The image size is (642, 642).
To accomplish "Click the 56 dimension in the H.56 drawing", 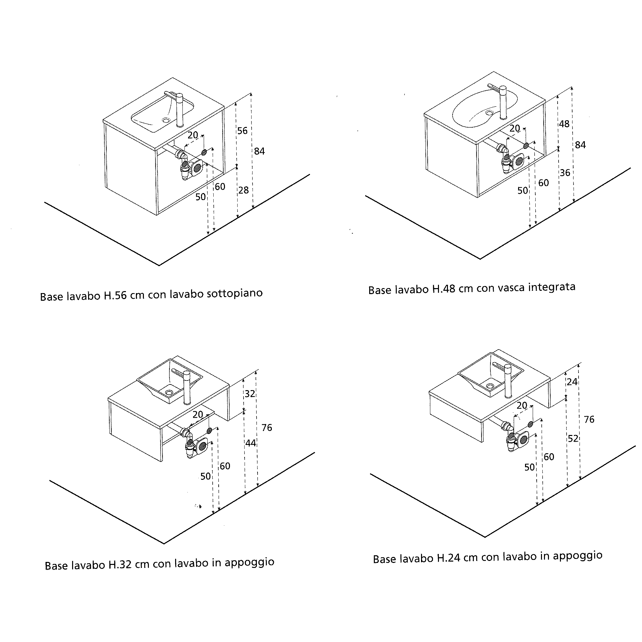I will (x=242, y=131).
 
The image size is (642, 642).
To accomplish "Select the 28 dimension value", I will (x=243, y=190).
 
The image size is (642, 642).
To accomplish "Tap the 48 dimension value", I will (x=564, y=124).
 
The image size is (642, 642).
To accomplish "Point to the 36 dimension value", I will (x=565, y=172).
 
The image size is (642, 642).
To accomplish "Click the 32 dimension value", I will (x=250, y=394).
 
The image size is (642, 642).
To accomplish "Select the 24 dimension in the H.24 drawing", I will (x=572, y=382).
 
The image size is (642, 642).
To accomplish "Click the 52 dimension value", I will (x=573, y=439).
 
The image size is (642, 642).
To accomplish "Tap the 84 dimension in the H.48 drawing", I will (x=580, y=145).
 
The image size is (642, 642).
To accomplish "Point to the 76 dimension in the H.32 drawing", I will (x=267, y=427).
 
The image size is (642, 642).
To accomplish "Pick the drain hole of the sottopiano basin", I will (x=166, y=120).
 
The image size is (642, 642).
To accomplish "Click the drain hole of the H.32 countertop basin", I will (x=169, y=392).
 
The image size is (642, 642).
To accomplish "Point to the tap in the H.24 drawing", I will (x=507, y=381).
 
